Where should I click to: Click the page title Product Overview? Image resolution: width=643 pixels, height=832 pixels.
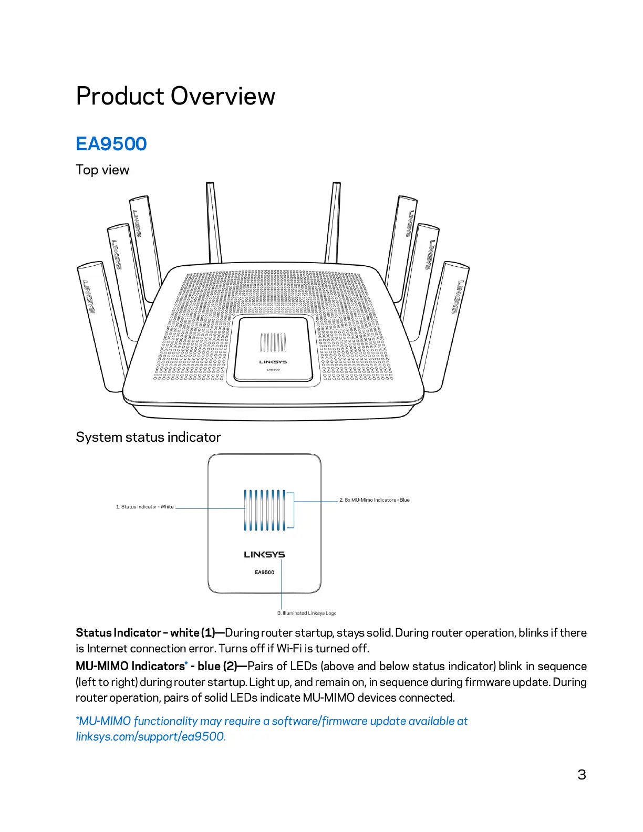[x=175, y=97]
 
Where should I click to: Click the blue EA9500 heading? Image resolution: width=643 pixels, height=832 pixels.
[x=111, y=144]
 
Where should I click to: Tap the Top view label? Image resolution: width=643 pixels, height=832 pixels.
[x=102, y=170]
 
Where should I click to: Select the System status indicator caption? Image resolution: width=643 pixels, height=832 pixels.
[x=148, y=438]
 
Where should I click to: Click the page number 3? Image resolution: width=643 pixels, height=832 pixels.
[x=582, y=775]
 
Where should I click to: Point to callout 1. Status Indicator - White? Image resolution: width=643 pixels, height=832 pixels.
[x=145, y=507]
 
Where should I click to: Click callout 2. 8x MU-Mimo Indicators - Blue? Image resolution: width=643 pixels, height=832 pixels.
[x=375, y=500]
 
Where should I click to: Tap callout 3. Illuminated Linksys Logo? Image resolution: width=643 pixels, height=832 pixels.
[x=307, y=613]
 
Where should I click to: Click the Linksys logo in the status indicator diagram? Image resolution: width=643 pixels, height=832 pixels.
[x=264, y=555]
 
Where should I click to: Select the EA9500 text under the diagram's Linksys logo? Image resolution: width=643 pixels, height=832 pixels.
[x=264, y=573]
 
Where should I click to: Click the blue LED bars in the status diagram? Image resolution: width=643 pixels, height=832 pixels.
[x=264, y=510]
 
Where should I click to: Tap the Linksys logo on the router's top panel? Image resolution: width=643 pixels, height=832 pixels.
[x=273, y=362]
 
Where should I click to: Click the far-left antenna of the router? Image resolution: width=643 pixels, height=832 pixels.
[x=102, y=326]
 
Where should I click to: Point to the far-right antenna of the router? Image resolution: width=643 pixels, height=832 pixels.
[x=445, y=320]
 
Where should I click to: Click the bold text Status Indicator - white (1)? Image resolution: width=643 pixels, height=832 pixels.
[x=146, y=633]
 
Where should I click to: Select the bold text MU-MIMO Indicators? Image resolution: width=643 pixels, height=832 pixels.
[x=130, y=667]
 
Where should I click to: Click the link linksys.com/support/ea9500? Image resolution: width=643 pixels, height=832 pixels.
[x=150, y=737]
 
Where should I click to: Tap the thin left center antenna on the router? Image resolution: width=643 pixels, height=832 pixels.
[x=214, y=223]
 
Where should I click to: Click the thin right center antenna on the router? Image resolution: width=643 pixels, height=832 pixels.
[x=333, y=223]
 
